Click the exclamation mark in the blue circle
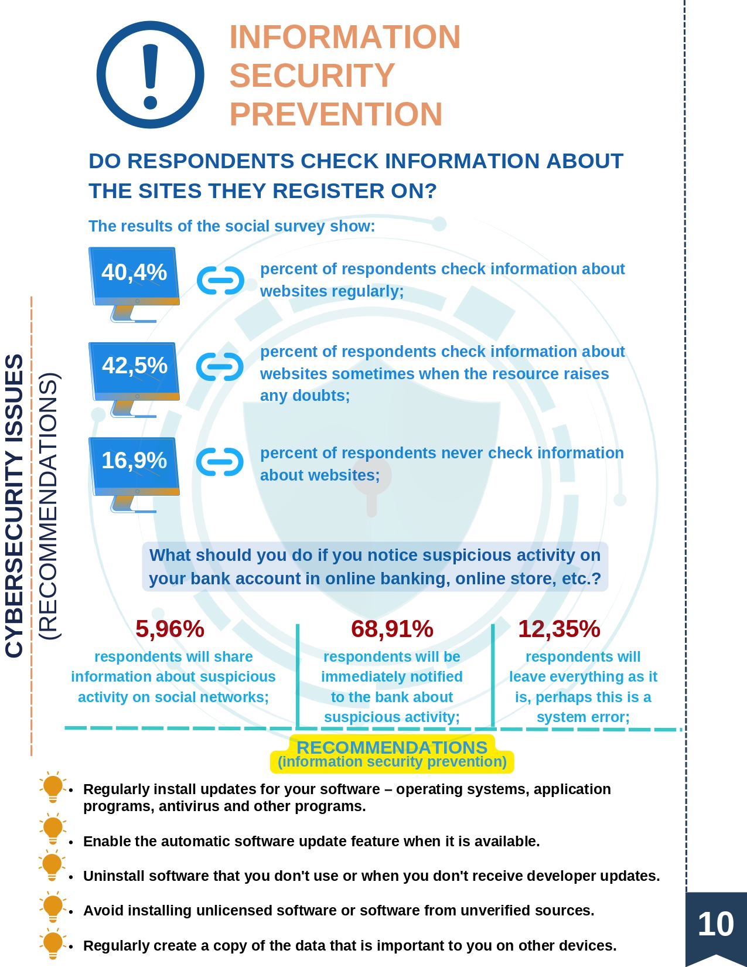(x=151, y=76)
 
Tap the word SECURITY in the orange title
(x=312, y=75)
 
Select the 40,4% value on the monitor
(x=134, y=272)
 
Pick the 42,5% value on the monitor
(x=134, y=365)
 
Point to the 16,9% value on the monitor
(x=134, y=460)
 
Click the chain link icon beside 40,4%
(x=220, y=280)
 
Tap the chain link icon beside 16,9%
(x=220, y=461)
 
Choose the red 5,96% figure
(x=169, y=629)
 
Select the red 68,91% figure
(x=392, y=629)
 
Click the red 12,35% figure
(x=559, y=629)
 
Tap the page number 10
(x=715, y=924)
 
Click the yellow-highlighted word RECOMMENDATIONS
(x=392, y=748)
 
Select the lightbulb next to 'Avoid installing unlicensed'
(x=53, y=907)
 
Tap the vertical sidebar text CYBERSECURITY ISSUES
(x=14, y=506)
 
